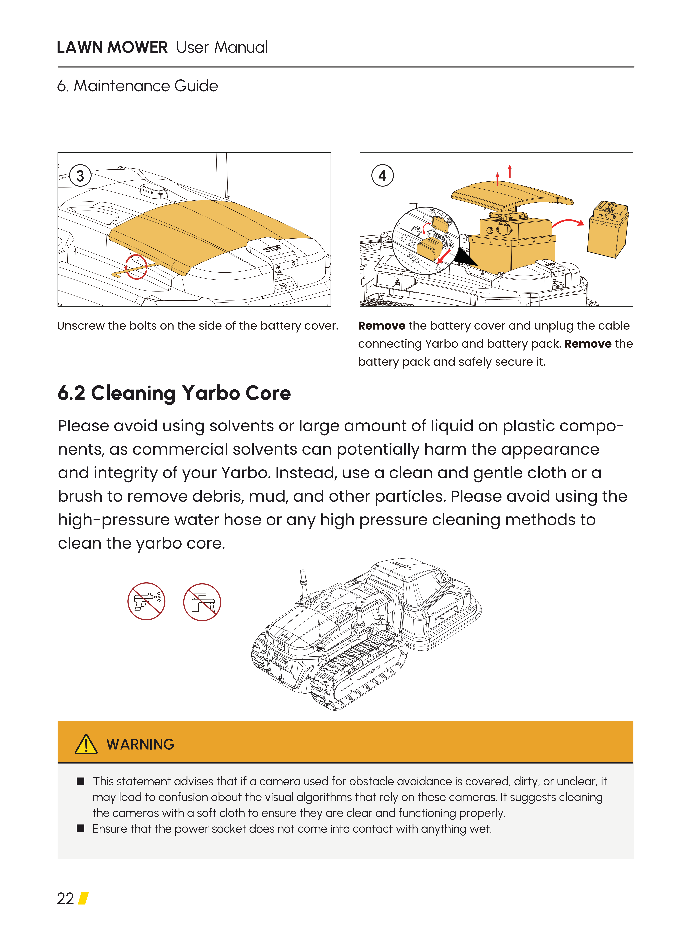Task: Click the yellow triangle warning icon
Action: coord(86,744)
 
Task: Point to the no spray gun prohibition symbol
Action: coord(146,601)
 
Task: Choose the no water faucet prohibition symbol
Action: coord(202,602)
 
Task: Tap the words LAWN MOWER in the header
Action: coord(112,47)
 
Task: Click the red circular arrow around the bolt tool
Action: coord(136,266)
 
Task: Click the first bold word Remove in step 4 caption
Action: coord(381,326)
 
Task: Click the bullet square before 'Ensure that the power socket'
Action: coord(81,829)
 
